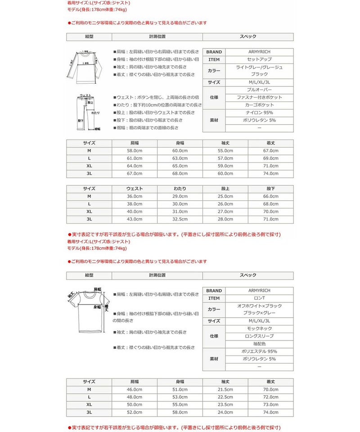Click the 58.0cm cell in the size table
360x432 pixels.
[x=135, y=151]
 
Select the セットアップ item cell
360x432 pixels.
[x=259, y=59]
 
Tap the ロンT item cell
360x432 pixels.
[x=259, y=298]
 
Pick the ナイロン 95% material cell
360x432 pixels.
[x=259, y=113]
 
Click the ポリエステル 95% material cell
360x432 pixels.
[x=259, y=351]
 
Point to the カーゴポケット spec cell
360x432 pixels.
[x=259, y=105]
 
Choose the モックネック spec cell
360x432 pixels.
[x=259, y=329]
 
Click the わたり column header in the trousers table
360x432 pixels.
[x=180, y=189]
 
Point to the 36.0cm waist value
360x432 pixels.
[x=135, y=197]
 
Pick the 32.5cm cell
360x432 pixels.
[x=180, y=219]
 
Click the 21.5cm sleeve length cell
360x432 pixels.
[x=225, y=389]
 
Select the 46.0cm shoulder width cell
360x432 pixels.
[x=135, y=389]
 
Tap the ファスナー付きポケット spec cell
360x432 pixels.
[x=259, y=98]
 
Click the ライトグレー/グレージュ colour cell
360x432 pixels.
[x=259, y=67]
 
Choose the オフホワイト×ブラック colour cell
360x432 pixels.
[x=259, y=306]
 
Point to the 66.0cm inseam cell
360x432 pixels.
[x=271, y=197]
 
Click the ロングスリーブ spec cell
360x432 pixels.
[x=259, y=336]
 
